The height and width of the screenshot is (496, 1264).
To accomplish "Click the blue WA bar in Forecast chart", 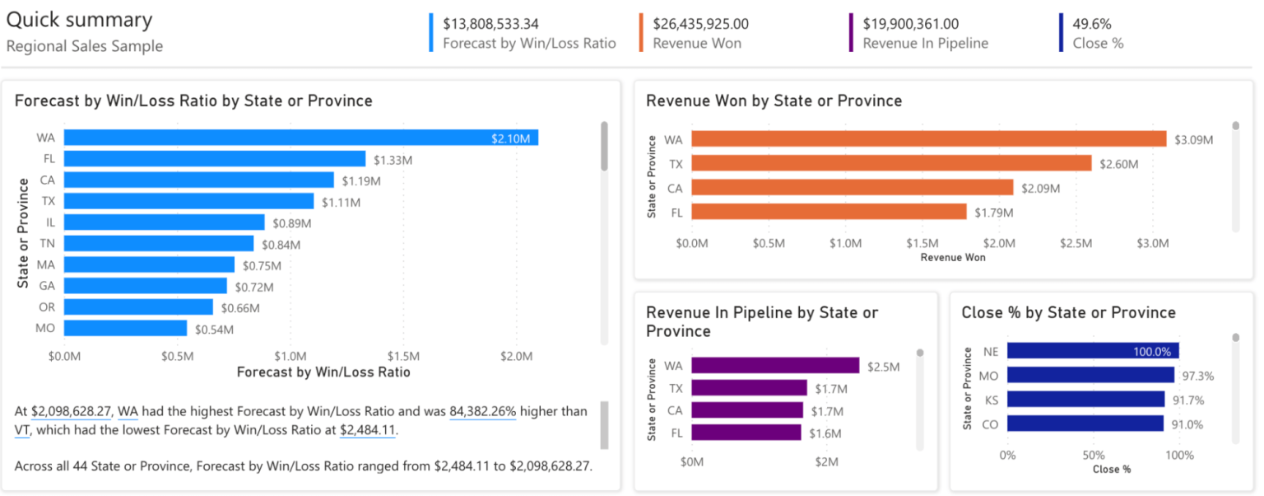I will (300, 138).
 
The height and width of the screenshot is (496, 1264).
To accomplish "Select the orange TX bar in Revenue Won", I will (891, 164).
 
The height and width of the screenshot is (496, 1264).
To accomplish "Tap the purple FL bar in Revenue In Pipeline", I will (746, 432).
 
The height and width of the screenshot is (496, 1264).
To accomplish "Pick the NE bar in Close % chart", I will (1093, 351).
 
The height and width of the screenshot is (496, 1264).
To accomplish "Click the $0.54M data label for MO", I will (214, 330).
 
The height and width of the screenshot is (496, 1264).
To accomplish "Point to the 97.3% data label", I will (1199, 376).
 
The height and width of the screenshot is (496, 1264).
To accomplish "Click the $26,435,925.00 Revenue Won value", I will (700, 24).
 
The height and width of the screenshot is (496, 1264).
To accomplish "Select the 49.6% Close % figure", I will (1091, 24).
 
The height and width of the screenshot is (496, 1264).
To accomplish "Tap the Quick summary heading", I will (79, 21).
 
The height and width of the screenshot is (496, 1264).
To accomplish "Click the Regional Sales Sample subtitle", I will (84, 46).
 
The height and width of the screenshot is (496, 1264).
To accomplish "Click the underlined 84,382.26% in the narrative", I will (482, 410).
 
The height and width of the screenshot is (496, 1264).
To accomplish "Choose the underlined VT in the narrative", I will (22, 429).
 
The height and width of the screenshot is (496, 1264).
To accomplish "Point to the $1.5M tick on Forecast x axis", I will (403, 357).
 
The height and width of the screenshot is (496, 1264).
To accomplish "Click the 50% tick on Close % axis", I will (1093, 455).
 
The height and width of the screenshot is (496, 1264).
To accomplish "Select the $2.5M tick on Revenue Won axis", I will (1076, 243).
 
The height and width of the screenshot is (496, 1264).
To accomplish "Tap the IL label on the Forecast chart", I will (50, 222).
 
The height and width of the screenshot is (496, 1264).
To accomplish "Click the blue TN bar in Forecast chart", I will (159, 244).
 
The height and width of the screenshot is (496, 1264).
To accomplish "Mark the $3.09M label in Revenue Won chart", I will (1193, 140).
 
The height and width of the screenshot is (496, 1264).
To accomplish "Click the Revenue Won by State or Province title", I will (774, 101).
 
